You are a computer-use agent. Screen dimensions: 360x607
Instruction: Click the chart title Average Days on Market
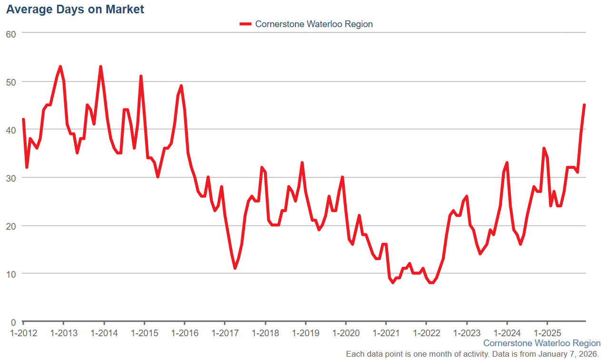pos(75,9)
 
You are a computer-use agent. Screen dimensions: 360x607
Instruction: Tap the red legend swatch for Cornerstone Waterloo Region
pos(245,24)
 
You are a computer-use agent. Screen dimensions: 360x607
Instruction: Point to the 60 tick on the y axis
pos(11,33)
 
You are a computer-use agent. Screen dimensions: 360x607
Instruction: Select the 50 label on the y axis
pos(11,81)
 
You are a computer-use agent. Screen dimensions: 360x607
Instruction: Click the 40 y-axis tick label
pos(11,129)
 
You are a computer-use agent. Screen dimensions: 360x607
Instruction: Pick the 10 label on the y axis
pos(11,273)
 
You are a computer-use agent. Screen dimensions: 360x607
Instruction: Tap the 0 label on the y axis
pos(13,321)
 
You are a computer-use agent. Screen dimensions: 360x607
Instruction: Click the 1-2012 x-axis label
pos(23,332)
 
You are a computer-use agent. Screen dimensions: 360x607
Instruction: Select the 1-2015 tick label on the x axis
pos(144,332)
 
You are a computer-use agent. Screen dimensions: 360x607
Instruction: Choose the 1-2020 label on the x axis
pos(346,332)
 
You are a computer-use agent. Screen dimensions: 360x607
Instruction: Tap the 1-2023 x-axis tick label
pos(467,332)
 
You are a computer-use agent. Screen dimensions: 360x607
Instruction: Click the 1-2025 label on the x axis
pos(548,332)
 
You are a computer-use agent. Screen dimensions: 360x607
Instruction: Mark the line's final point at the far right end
pos(584,105)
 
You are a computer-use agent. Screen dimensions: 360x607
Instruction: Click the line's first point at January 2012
pos(23,119)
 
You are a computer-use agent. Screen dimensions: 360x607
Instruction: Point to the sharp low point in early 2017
pos(235,268)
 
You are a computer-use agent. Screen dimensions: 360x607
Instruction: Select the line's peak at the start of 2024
pos(507,163)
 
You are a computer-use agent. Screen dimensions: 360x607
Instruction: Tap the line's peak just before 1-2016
pos(181,86)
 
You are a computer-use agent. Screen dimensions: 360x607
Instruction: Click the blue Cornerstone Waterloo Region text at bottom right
pos(542,343)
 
